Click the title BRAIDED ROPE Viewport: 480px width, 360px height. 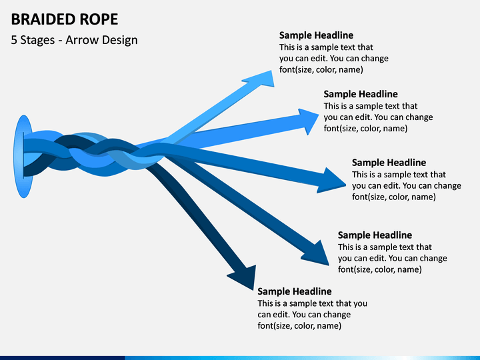pos(64,19)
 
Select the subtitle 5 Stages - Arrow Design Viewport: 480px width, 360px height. pos(75,40)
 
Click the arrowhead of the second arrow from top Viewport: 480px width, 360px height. pos(309,121)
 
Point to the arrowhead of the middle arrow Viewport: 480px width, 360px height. pos(332,181)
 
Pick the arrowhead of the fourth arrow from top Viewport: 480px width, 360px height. pos(317,254)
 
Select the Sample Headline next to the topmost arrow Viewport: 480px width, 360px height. pos(316,35)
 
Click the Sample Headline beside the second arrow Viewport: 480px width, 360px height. pos(361,94)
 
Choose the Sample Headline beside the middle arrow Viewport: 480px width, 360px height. pos(389,163)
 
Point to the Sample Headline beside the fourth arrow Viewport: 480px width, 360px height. pos(375,235)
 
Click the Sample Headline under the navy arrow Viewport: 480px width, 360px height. pos(295,291)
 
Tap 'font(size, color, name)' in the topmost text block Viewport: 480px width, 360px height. pos(321,70)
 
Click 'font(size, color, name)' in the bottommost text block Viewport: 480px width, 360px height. pos(299,326)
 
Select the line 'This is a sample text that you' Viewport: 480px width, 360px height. pos(312,303)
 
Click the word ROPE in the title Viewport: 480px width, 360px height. pos(99,19)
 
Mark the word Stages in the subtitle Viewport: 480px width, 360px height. pos(37,41)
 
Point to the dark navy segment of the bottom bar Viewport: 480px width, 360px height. pos(63,358)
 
